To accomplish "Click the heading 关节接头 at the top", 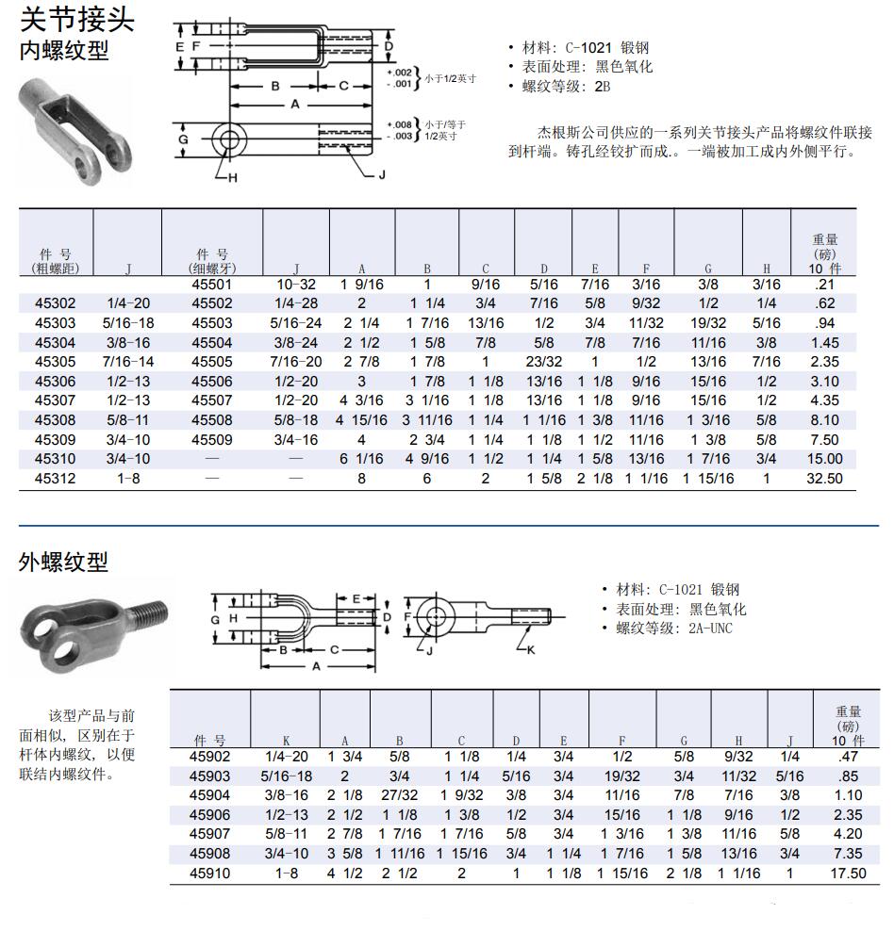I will (x=77, y=20).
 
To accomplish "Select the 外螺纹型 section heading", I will (x=63, y=563).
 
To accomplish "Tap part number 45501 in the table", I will (x=210, y=284).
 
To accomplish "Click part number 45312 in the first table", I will (x=55, y=478).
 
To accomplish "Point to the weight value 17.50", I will (x=847, y=873).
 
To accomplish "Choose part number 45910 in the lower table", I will (x=208, y=873).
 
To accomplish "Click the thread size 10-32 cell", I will (x=296, y=284).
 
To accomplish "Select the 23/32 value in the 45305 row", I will (x=543, y=361).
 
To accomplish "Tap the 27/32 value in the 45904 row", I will (x=399, y=794).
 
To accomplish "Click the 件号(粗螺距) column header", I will (x=55, y=261).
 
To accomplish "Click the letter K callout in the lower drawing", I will (x=531, y=650).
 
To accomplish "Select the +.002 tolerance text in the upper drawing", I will (x=399, y=71).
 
